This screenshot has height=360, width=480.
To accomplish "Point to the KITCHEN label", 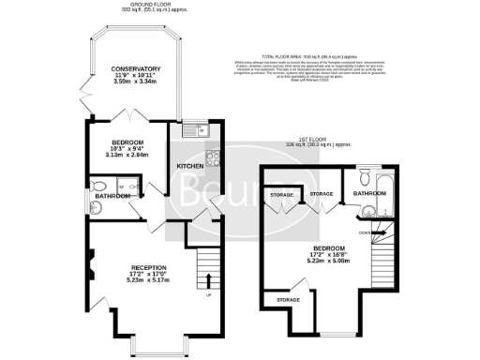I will (190, 166).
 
